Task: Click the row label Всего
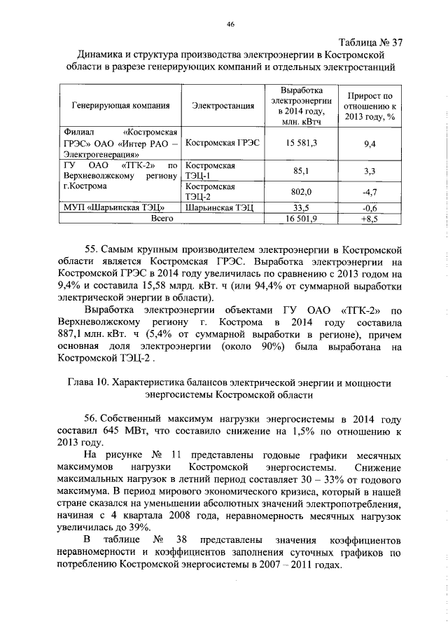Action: (162, 219)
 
